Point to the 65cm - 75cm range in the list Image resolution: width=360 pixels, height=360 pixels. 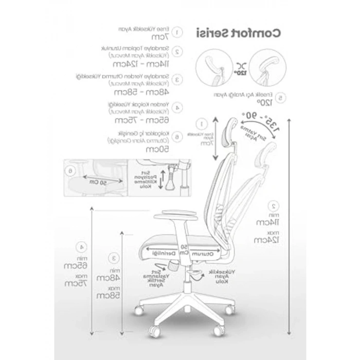tap(136, 120)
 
